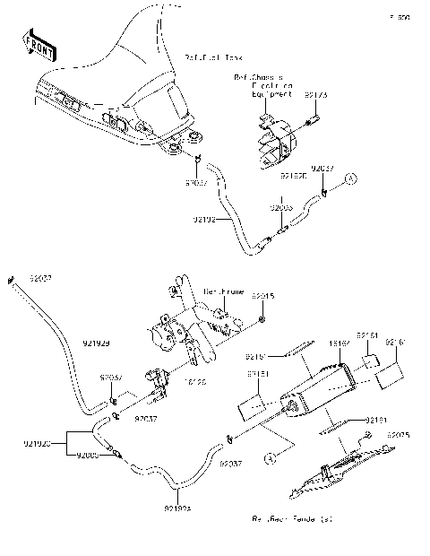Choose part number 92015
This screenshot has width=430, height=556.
(262, 295)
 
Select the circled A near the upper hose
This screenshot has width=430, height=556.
(352, 179)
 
